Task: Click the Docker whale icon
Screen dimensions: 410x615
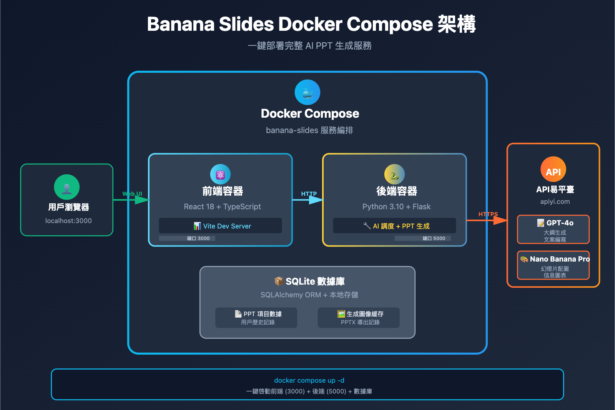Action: [x=307, y=92]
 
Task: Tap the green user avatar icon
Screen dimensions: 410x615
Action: [x=67, y=187]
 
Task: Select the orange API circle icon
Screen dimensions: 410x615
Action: [x=553, y=169]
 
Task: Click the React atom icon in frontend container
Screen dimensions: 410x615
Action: [x=220, y=174]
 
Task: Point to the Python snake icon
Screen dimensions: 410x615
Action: [x=394, y=174]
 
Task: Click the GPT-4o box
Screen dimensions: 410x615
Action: [x=553, y=230]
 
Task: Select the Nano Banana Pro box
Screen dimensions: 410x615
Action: [x=553, y=265]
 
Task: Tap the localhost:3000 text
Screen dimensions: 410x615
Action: [x=68, y=221]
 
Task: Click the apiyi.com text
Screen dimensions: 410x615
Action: [x=555, y=202]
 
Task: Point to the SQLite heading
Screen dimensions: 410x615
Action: [x=310, y=282]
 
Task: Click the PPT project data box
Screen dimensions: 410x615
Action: [x=256, y=318]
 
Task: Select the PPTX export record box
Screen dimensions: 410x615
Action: [x=359, y=318]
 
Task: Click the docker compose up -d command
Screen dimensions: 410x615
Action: [x=309, y=380]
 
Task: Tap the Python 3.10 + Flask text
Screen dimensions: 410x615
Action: [x=396, y=207]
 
